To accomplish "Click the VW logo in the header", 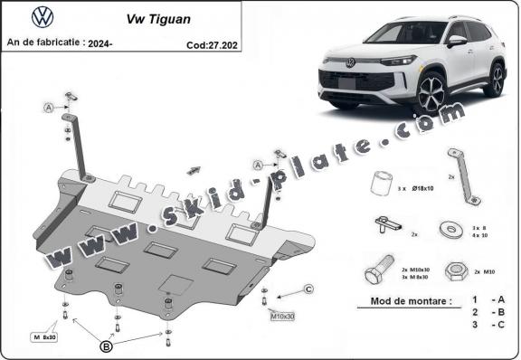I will click(x=43, y=16).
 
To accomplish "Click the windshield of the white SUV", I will click(x=398, y=33).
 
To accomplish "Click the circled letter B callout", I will click(x=106, y=345).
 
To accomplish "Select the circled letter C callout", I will click(x=308, y=289).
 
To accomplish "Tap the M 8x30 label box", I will click(x=43, y=336).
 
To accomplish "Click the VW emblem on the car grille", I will click(x=350, y=62).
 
